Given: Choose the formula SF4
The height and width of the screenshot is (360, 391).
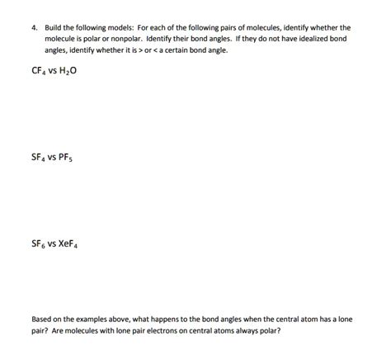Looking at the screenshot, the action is tap(39, 156).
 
